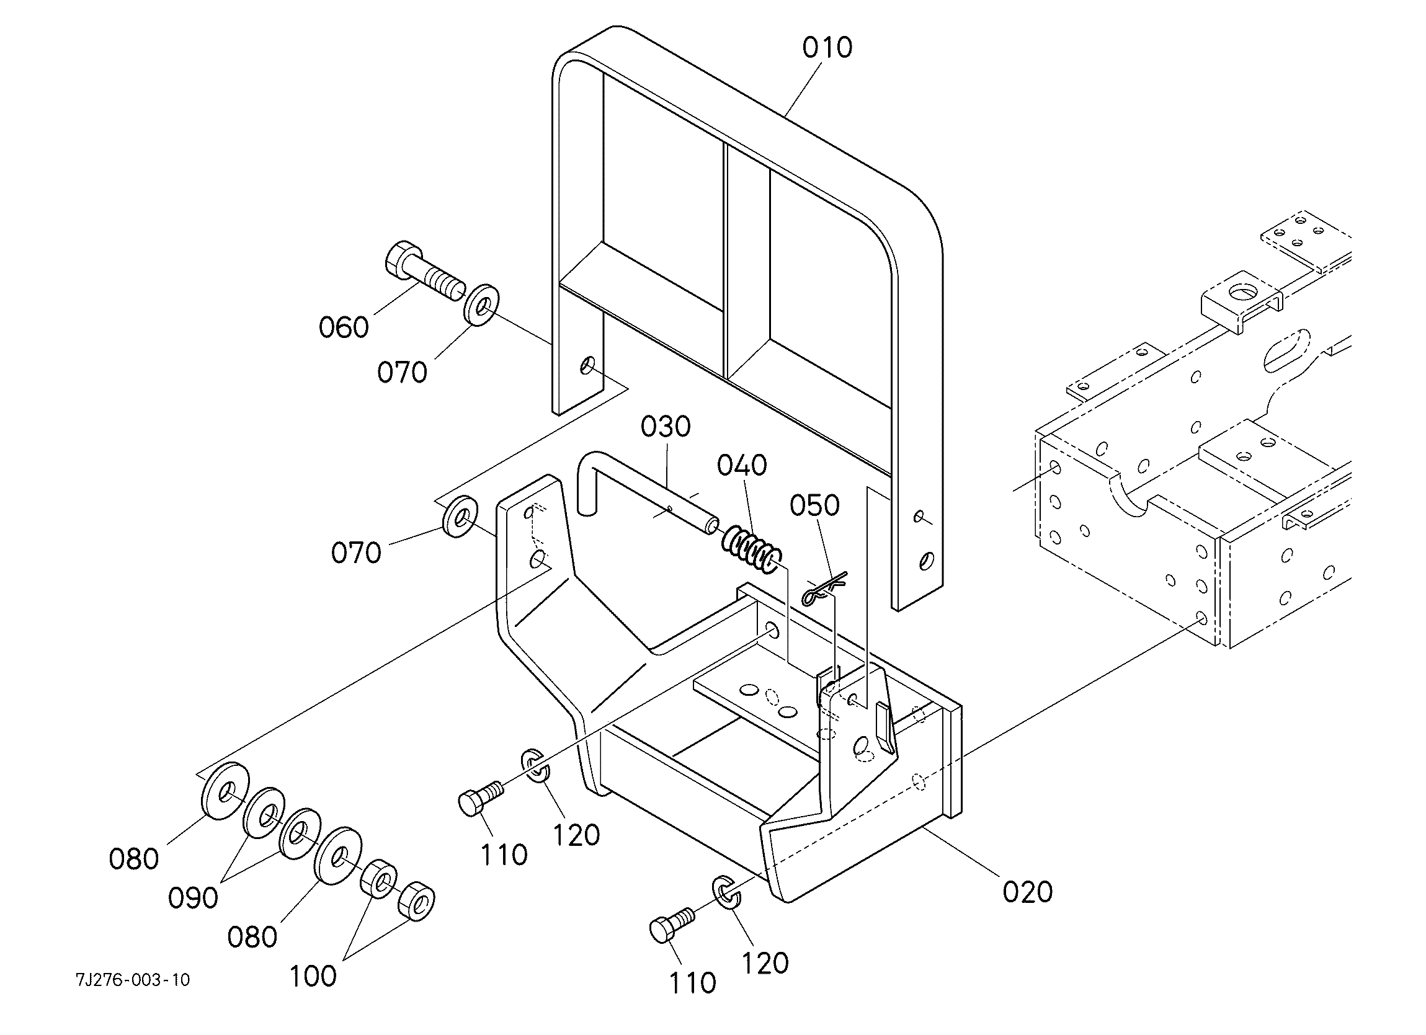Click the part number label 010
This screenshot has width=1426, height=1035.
coord(827,48)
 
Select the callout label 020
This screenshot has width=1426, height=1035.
coord(1027,892)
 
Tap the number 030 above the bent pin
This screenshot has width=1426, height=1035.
coord(666,427)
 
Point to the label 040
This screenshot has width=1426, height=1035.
coord(742,465)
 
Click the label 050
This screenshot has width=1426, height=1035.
coord(815,505)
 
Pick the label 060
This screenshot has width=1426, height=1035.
coord(343,327)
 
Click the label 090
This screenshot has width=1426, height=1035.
coord(193,898)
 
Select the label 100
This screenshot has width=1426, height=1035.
coord(313,976)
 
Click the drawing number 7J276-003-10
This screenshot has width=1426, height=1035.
coord(133,980)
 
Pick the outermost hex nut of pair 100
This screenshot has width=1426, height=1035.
coord(416,901)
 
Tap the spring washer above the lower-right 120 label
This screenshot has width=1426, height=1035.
coord(727,892)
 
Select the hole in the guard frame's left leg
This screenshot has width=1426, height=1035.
coord(587,365)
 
